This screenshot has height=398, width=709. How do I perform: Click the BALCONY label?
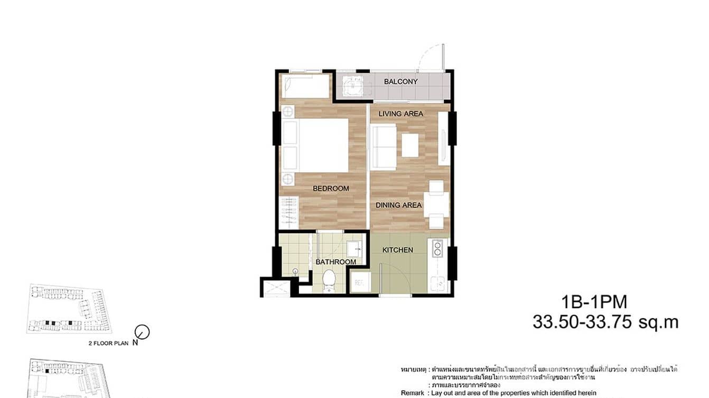tap(400, 82)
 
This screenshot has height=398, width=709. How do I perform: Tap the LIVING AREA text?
tap(400, 113)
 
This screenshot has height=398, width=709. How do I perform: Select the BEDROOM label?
tap(331, 188)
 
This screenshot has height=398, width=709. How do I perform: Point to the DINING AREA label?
tap(398, 205)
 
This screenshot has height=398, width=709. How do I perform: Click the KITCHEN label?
tap(397, 250)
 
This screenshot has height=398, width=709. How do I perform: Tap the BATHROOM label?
tap(335, 262)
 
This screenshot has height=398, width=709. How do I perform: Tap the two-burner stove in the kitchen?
tap(437, 248)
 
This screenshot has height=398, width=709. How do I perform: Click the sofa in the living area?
tap(383, 145)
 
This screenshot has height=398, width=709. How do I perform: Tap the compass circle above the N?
tap(142, 331)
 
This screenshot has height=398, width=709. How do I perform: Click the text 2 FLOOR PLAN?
tap(109, 343)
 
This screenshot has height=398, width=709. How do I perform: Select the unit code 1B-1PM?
tap(595, 302)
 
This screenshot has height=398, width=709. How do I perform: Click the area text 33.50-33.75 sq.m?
tap(605, 322)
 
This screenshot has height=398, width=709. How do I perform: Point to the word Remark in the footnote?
tap(412, 393)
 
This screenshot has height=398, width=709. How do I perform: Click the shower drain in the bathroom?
tap(295, 271)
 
